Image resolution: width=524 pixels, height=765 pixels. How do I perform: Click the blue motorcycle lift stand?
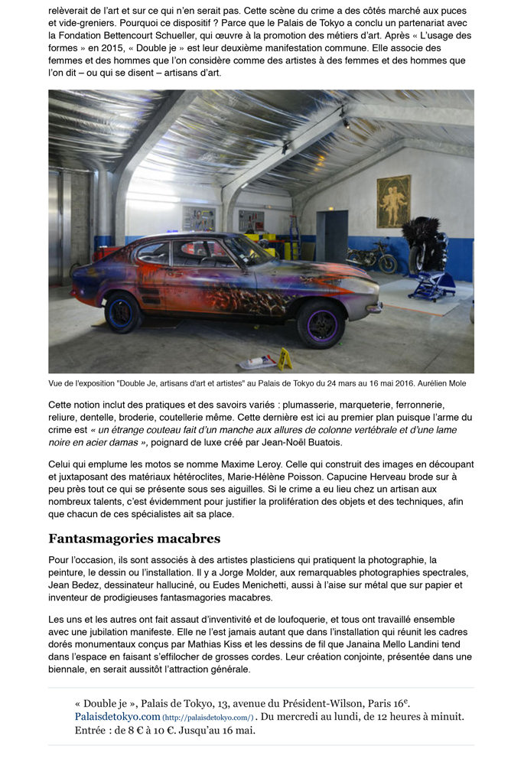(x=432, y=286)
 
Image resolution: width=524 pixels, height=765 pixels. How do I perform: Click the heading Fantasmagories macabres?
(x=134, y=539)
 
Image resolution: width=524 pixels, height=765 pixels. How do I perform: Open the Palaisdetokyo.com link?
(x=118, y=716)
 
